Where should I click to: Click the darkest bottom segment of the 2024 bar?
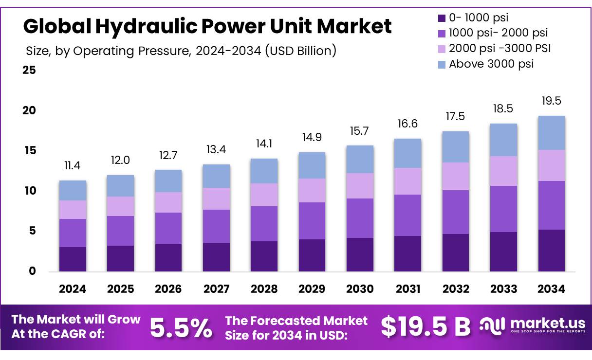(x=73, y=259)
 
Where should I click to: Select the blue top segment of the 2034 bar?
(x=552, y=133)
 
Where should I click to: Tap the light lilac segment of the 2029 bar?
(x=312, y=190)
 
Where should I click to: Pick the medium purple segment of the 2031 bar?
(x=408, y=215)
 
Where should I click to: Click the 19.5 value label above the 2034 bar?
(x=552, y=101)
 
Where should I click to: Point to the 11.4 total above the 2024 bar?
(x=73, y=166)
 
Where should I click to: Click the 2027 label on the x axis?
(x=216, y=289)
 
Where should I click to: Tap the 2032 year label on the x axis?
(x=456, y=289)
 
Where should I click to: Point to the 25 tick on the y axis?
(x=29, y=70)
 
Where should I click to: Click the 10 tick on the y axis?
(x=29, y=191)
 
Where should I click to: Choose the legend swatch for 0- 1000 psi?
(x=442, y=18)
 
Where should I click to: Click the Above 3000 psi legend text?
(x=491, y=64)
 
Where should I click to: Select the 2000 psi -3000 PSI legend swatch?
(x=442, y=49)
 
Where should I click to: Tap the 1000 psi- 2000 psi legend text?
(x=498, y=33)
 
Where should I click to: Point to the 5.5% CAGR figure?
(x=181, y=327)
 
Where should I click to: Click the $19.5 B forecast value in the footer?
(x=425, y=327)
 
